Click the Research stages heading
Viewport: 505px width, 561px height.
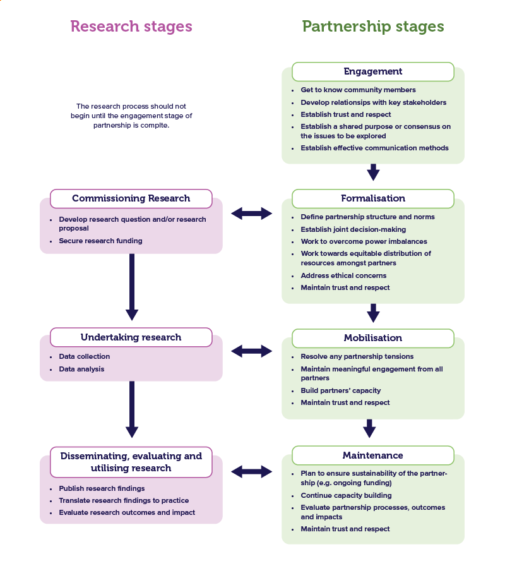coord(131,27)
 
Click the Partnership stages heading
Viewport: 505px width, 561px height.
coord(373,27)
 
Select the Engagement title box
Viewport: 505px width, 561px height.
coord(373,71)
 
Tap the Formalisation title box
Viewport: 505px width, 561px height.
coord(373,198)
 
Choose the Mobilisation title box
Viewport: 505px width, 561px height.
coord(373,338)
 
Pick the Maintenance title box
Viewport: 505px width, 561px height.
coord(373,455)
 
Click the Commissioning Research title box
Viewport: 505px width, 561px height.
coord(131,198)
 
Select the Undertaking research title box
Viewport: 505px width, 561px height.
coord(131,337)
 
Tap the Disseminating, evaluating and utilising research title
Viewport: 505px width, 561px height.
coord(131,462)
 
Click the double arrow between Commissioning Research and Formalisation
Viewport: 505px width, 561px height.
coord(251,214)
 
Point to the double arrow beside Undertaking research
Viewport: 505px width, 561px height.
coord(251,351)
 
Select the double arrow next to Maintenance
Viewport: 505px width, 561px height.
coord(251,471)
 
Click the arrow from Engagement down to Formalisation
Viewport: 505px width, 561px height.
coord(373,172)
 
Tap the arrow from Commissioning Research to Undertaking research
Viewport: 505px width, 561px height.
coord(131,287)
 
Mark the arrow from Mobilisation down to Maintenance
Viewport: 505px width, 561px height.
coord(370,429)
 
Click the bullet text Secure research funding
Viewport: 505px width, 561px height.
coord(100,241)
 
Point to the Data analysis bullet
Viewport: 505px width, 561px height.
coord(81,369)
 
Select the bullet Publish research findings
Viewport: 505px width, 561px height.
coord(102,488)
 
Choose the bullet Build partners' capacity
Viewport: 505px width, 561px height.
coord(340,390)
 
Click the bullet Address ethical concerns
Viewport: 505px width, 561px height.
coord(343,275)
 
